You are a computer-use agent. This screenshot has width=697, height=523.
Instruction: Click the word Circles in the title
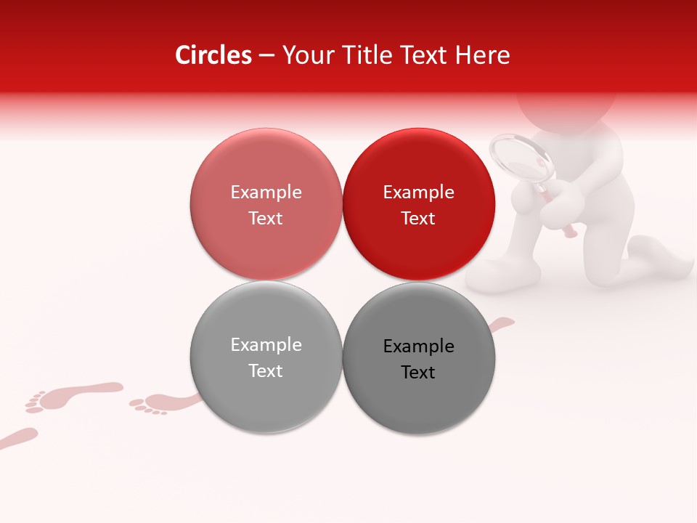(x=213, y=55)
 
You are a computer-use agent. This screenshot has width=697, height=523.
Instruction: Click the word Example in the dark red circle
(x=418, y=192)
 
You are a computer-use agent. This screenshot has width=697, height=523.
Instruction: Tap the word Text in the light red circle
(x=266, y=218)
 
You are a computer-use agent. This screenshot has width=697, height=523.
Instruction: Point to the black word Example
(x=418, y=346)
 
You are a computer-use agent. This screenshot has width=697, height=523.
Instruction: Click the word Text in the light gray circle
(x=266, y=370)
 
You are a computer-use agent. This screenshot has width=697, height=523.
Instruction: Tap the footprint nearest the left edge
(x=18, y=437)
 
